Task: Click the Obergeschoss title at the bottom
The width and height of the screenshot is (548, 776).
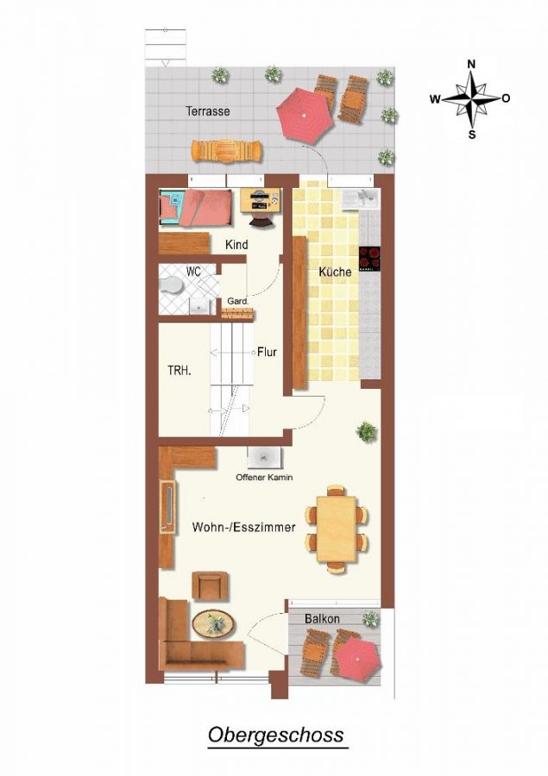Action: click(275, 735)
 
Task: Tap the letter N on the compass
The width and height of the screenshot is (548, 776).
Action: click(472, 64)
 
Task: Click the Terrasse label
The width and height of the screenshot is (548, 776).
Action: click(208, 111)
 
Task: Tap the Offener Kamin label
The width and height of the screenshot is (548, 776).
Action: click(264, 478)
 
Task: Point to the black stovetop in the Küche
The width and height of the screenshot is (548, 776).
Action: click(369, 259)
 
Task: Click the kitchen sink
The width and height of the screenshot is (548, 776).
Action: click(362, 199)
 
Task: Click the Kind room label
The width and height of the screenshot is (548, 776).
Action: click(236, 245)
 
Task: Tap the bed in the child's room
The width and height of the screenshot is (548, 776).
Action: click(195, 208)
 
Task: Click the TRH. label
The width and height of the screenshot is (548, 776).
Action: click(180, 371)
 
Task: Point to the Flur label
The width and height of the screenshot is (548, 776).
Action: click(267, 353)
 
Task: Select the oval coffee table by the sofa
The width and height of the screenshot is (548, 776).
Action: click(213, 624)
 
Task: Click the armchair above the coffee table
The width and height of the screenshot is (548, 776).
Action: click(211, 586)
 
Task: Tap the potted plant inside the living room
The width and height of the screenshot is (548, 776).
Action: click(366, 432)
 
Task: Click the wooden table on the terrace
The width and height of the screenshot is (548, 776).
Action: click(228, 150)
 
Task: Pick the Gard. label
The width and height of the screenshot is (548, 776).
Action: click(237, 301)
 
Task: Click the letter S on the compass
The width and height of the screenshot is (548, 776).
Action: click(472, 135)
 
